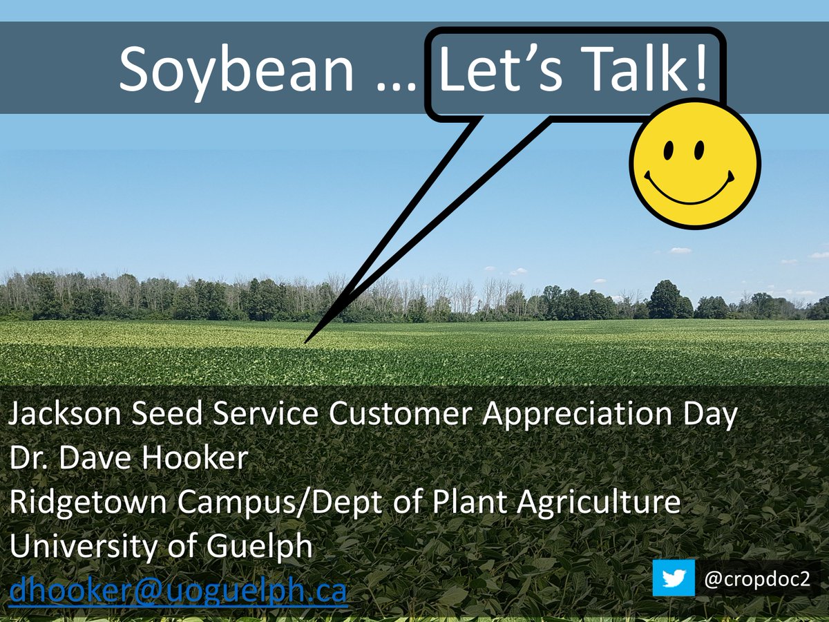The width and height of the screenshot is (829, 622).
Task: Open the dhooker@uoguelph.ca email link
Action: (178, 592)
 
